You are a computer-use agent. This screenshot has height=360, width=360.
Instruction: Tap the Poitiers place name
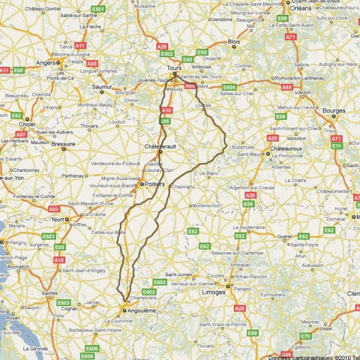154,184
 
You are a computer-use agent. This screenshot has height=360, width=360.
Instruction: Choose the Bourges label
334,110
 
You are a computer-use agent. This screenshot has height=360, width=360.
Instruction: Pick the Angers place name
46,63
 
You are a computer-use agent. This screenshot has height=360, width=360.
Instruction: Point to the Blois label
233,42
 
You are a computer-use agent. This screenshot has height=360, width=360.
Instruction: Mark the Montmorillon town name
207,205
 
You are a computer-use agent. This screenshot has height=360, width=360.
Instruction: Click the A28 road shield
162,46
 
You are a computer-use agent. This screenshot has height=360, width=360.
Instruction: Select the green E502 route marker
168,54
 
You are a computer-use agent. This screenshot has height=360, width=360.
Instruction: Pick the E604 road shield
229,87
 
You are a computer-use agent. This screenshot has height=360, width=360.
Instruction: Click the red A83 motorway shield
54,209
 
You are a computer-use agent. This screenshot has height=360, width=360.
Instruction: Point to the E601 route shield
48,236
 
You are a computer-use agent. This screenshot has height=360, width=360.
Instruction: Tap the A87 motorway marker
21,133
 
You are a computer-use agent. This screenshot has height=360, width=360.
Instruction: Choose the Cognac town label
70,308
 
